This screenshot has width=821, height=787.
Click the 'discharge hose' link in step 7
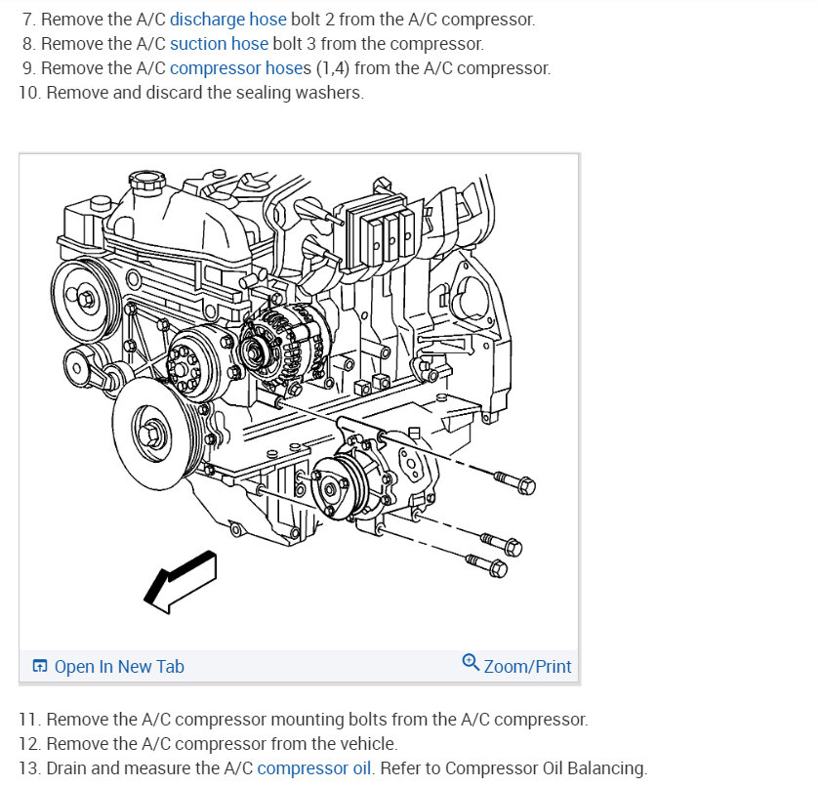point(227,20)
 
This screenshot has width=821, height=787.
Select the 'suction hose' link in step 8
point(219,44)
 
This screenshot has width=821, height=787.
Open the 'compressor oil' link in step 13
point(313,768)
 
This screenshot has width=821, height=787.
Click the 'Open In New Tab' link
point(118,667)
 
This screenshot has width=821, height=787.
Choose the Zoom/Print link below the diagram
point(527,667)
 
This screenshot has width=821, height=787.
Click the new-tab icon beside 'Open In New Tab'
point(40,667)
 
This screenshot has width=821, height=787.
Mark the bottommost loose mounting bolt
point(486,564)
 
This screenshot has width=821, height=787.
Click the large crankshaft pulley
point(154,426)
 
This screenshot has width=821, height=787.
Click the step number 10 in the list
point(29,93)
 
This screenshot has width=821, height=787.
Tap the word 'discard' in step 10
point(164,93)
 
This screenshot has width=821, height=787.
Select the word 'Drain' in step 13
point(65,768)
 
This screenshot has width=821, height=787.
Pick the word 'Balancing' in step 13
point(609,768)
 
